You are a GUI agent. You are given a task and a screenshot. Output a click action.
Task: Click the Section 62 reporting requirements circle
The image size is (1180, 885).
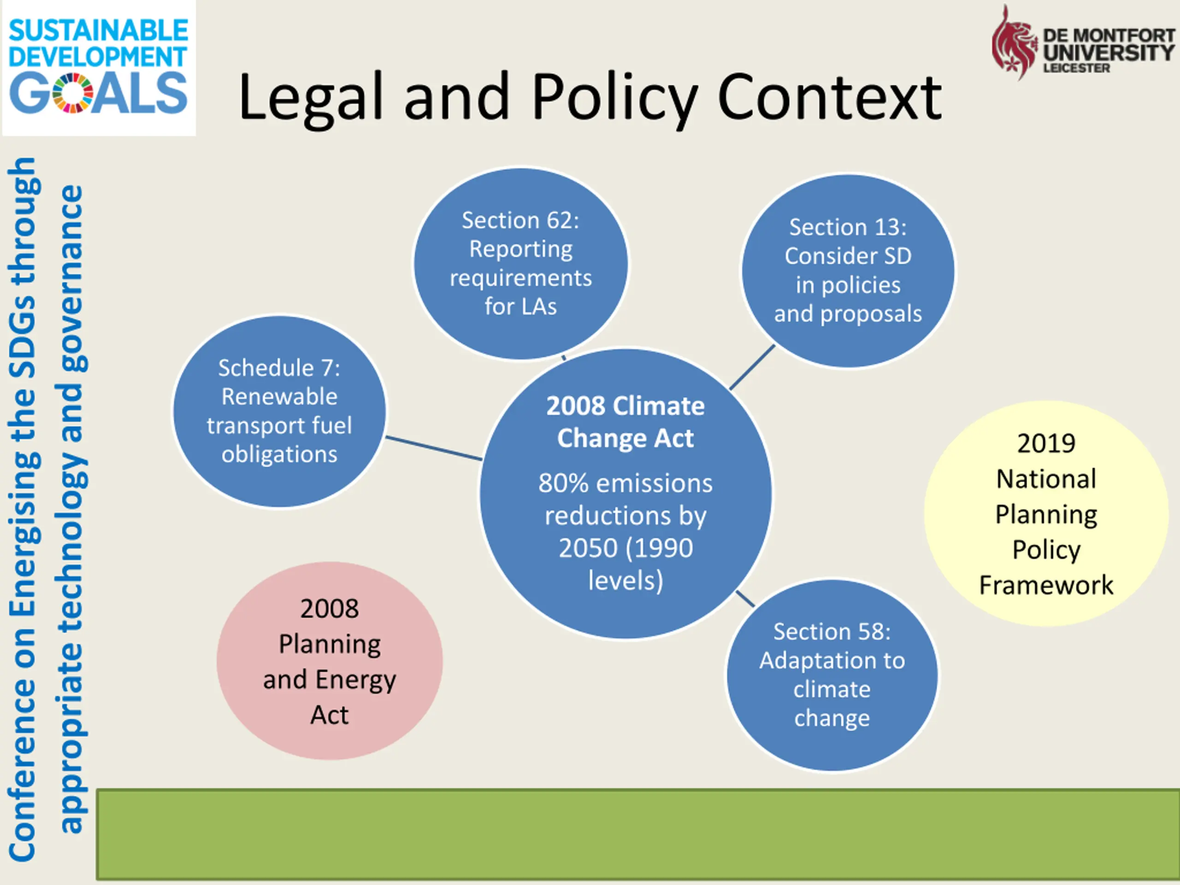[521, 263]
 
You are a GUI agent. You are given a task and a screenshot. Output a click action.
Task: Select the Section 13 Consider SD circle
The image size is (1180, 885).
[848, 271]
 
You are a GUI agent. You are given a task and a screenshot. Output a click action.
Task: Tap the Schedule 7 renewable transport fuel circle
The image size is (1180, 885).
[279, 411]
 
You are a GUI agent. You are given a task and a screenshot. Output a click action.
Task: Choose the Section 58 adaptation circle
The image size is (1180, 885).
[832, 675]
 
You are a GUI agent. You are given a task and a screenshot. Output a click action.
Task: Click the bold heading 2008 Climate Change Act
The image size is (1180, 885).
[625, 422]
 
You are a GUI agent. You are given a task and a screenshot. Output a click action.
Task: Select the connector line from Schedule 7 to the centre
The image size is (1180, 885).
[433, 448]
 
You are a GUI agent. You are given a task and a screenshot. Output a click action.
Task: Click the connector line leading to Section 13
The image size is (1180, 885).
[752, 367]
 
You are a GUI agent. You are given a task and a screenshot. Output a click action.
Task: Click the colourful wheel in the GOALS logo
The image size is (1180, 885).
[74, 94]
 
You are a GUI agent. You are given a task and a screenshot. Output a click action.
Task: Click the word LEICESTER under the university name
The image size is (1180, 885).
[1076, 68]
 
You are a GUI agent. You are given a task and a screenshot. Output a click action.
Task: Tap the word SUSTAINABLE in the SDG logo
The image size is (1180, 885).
[99, 30]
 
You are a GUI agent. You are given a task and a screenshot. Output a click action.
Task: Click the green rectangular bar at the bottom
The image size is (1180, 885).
[637, 834]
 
